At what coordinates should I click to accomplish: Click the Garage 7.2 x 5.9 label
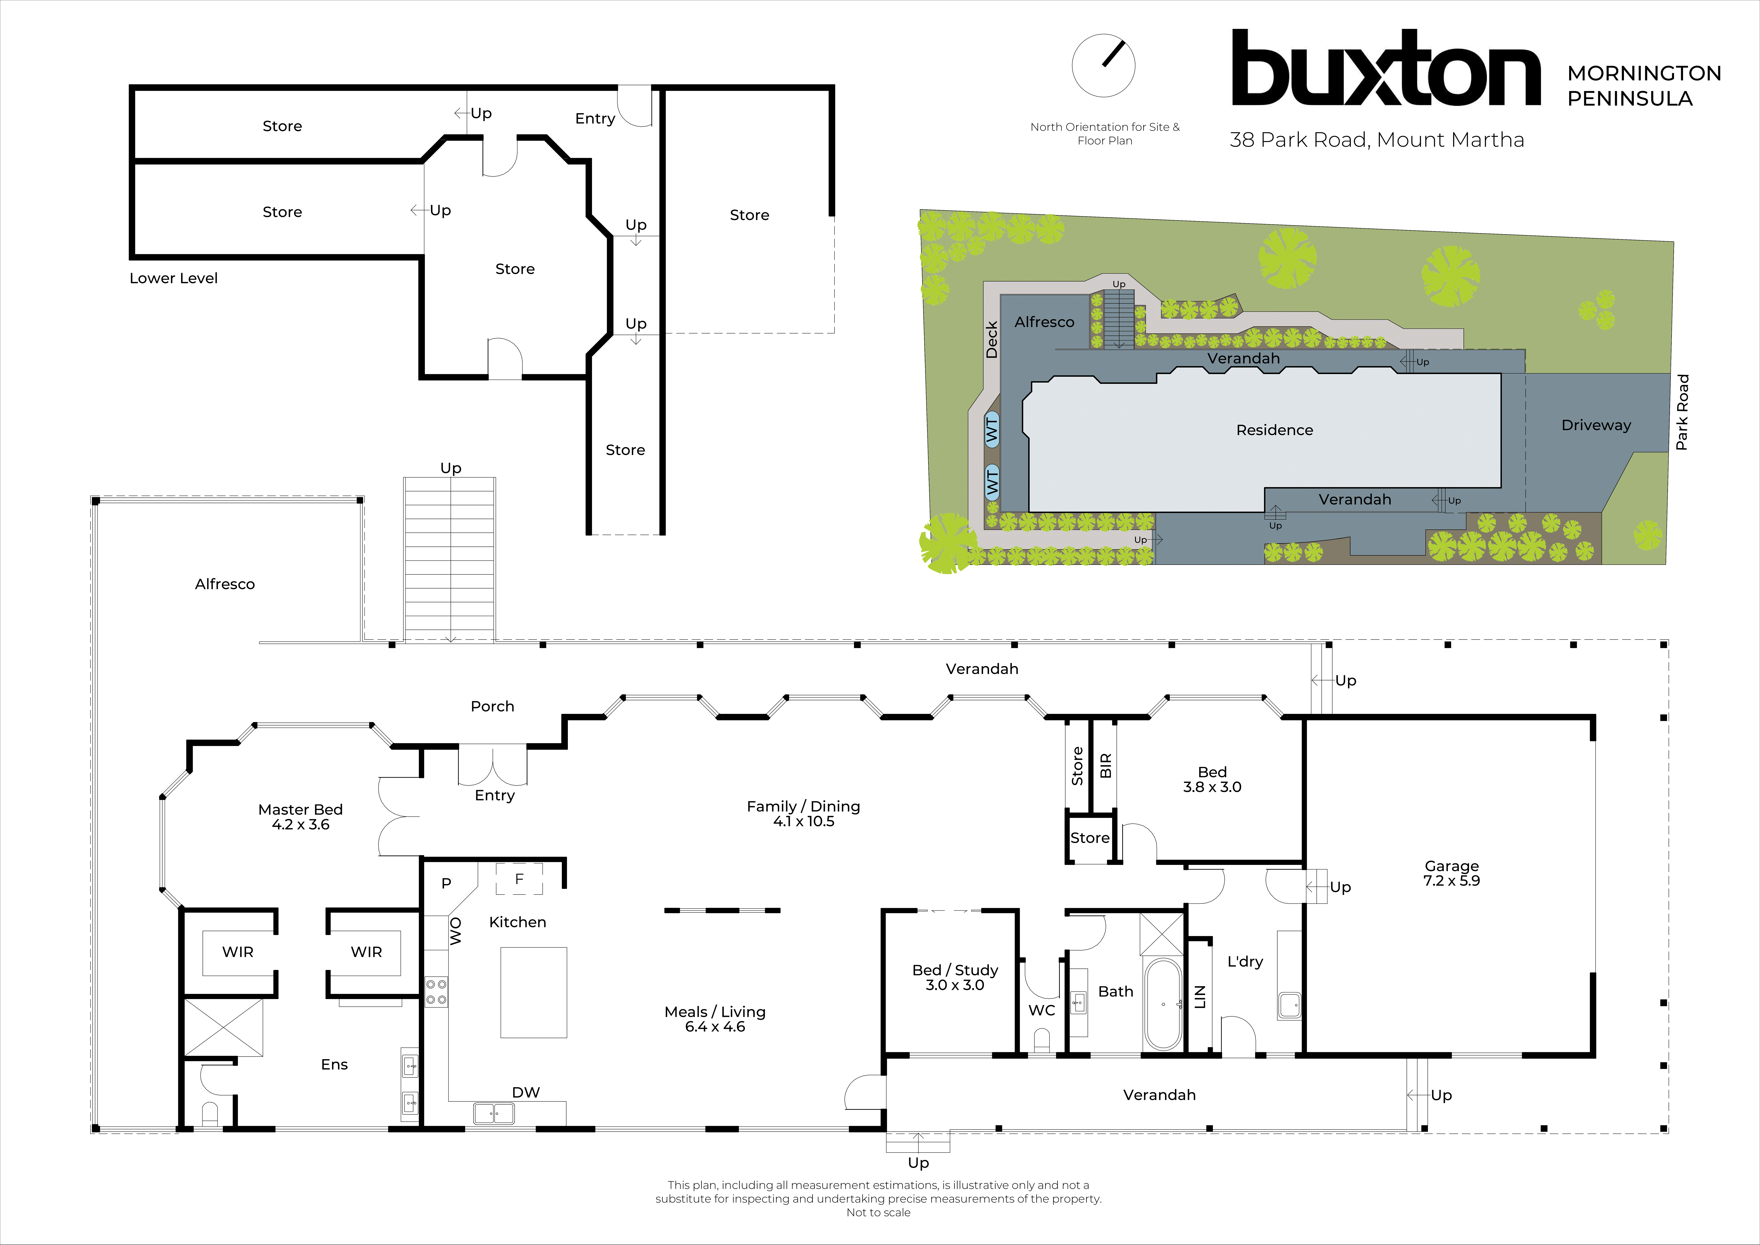coord(1451,873)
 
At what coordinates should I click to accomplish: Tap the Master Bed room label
coord(300,816)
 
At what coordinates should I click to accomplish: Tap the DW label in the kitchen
coord(526,1092)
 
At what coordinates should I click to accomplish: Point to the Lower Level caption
coord(173,278)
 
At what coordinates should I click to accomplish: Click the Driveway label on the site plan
coord(1596,425)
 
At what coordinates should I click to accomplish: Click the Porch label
coord(492,706)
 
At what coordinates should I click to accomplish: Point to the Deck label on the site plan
coord(991,340)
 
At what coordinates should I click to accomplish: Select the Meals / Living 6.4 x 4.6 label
coord(715,1019)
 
